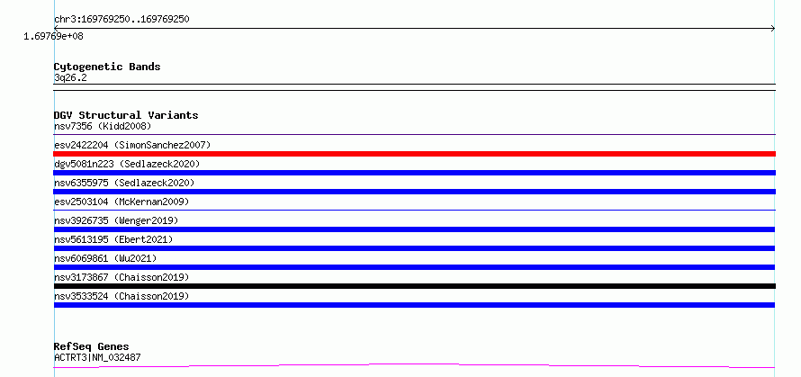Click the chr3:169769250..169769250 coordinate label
click(121, 20)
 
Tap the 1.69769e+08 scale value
click(53, 36)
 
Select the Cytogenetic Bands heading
click(107, 67)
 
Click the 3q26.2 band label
click(70, 78)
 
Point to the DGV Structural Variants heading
click(126, 115)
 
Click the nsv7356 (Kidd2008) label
click(103, 126)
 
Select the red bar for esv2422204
click(414, 154)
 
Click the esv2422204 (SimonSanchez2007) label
click(132, 145)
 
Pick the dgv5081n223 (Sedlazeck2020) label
click(127, 164)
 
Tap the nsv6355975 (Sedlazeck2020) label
click(124, 183)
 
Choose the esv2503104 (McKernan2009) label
click(121, 202)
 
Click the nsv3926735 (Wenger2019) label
click(116, 220)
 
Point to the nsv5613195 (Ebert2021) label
click(113, 239)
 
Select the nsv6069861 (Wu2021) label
click(105, 258)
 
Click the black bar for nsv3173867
click(414, 286)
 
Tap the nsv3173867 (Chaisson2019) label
click(121, 277)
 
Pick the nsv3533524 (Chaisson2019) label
click(121, 296)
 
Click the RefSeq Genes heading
click(92, 347)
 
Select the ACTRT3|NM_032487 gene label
click(97, 357)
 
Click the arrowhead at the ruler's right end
click(773, 29)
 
